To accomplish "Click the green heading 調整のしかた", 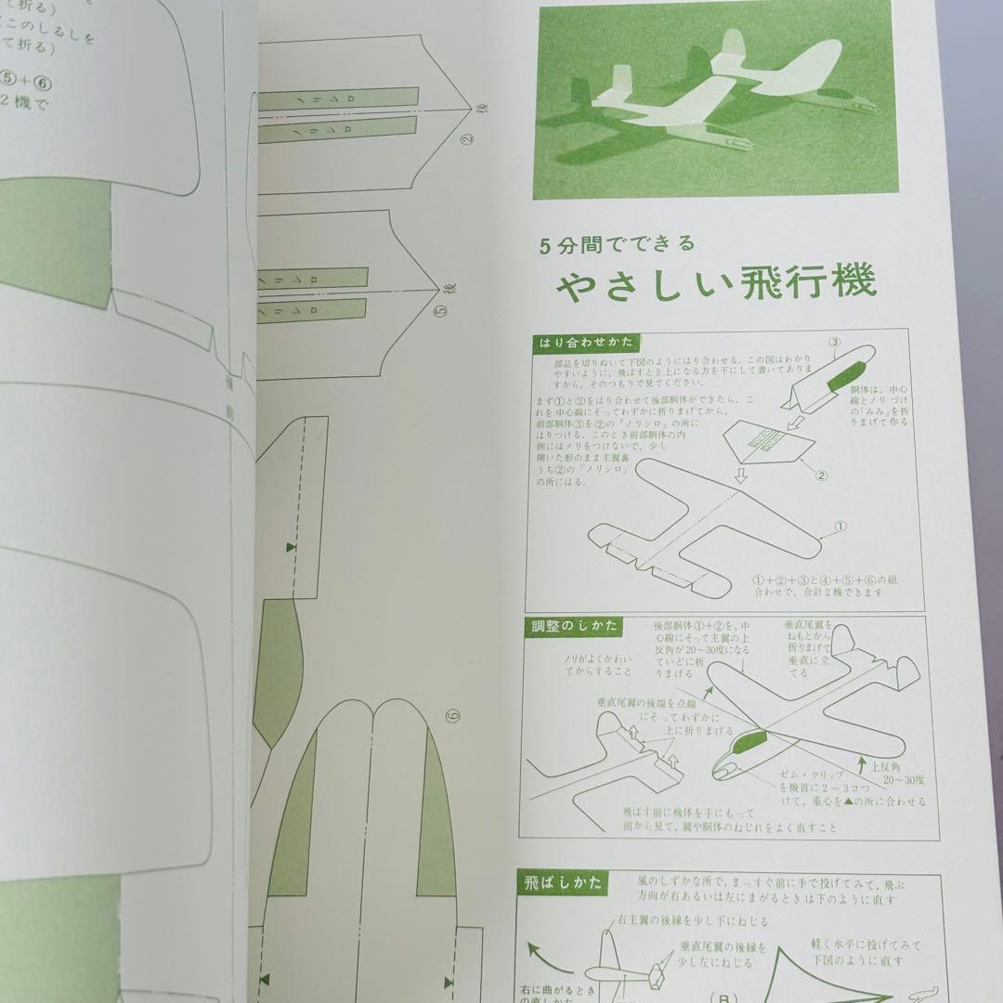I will [x=576, y=627].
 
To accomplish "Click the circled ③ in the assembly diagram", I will [x=835, y=342].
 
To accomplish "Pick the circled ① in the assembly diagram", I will [x=840, y=527].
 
